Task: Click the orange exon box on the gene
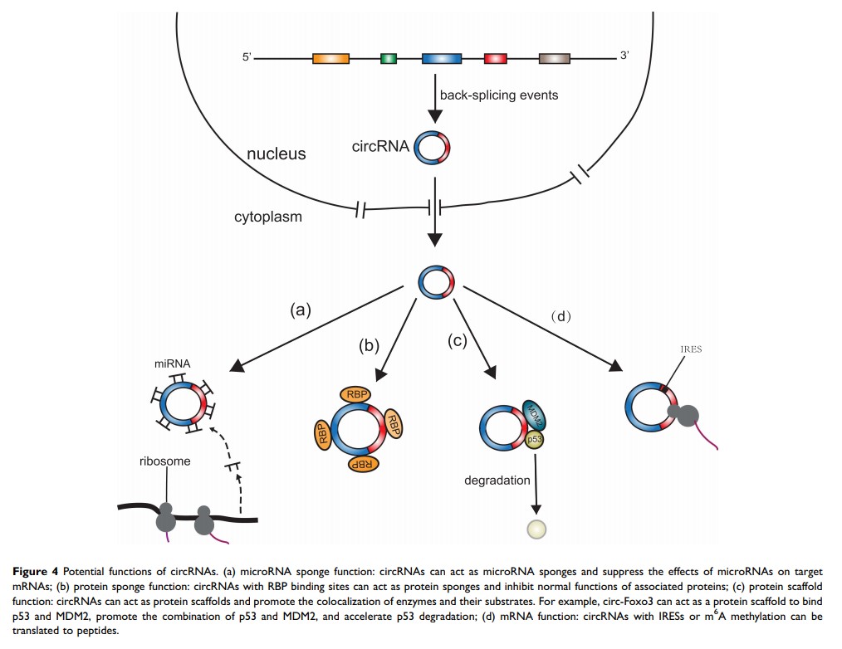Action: tap(330, 59)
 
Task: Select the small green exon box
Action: tap(388, 59)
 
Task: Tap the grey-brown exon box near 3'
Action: tap(554, 59)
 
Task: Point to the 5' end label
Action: tap(247, 58)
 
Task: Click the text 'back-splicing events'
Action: tap(499, 95)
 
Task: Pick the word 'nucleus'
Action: tap(277, 154)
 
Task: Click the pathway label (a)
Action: tap(300, 310)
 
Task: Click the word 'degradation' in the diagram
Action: tap(498, 481)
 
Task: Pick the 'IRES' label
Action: tap(690, 349)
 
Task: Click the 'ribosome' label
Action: tap(164, 461)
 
